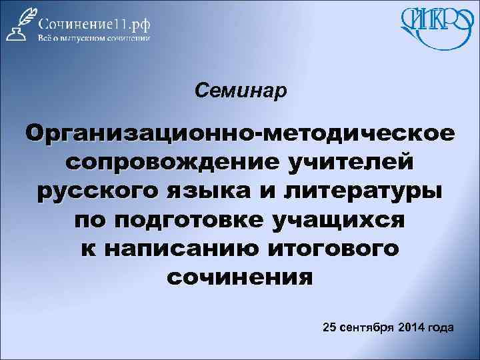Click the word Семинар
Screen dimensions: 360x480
click(241, 90)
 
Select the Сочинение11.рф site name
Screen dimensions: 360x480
click(94, 22)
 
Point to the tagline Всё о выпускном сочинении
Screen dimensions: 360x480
click(94, 38)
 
